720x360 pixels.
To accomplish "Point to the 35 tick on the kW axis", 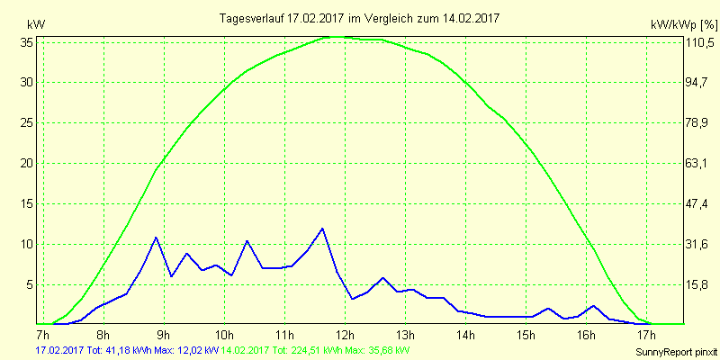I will pyautogui.click(x=27, y=41).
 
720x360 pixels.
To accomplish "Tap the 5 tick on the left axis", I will pyautogui.click(x=30, y=284).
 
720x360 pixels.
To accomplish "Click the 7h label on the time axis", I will pyautogui.click(x=43, y=336).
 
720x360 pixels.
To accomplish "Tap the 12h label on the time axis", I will pyautogui.click(x=346, y=336).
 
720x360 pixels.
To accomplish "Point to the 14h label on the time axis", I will pyautogui.click(x=466, y=336).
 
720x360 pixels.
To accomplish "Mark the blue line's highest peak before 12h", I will pyautogui.click(x=322, y=228).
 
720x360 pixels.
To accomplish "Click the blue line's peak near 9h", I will pyautogui.click(x=157, y=238).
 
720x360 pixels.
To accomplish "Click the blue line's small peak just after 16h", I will pyautogui.click(x=593, y=306).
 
